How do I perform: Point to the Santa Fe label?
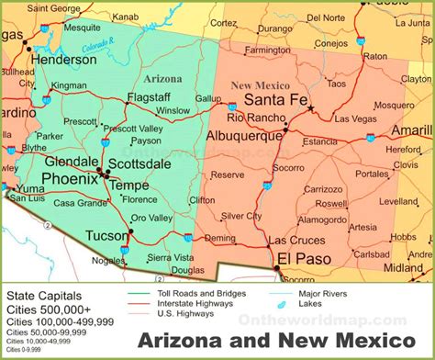click(x=274, y=100)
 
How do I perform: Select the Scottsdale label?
click(x=139, y=163)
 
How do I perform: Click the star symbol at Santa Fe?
click(x=311, y=108)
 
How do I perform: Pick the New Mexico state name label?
click(x=254, y=85)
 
